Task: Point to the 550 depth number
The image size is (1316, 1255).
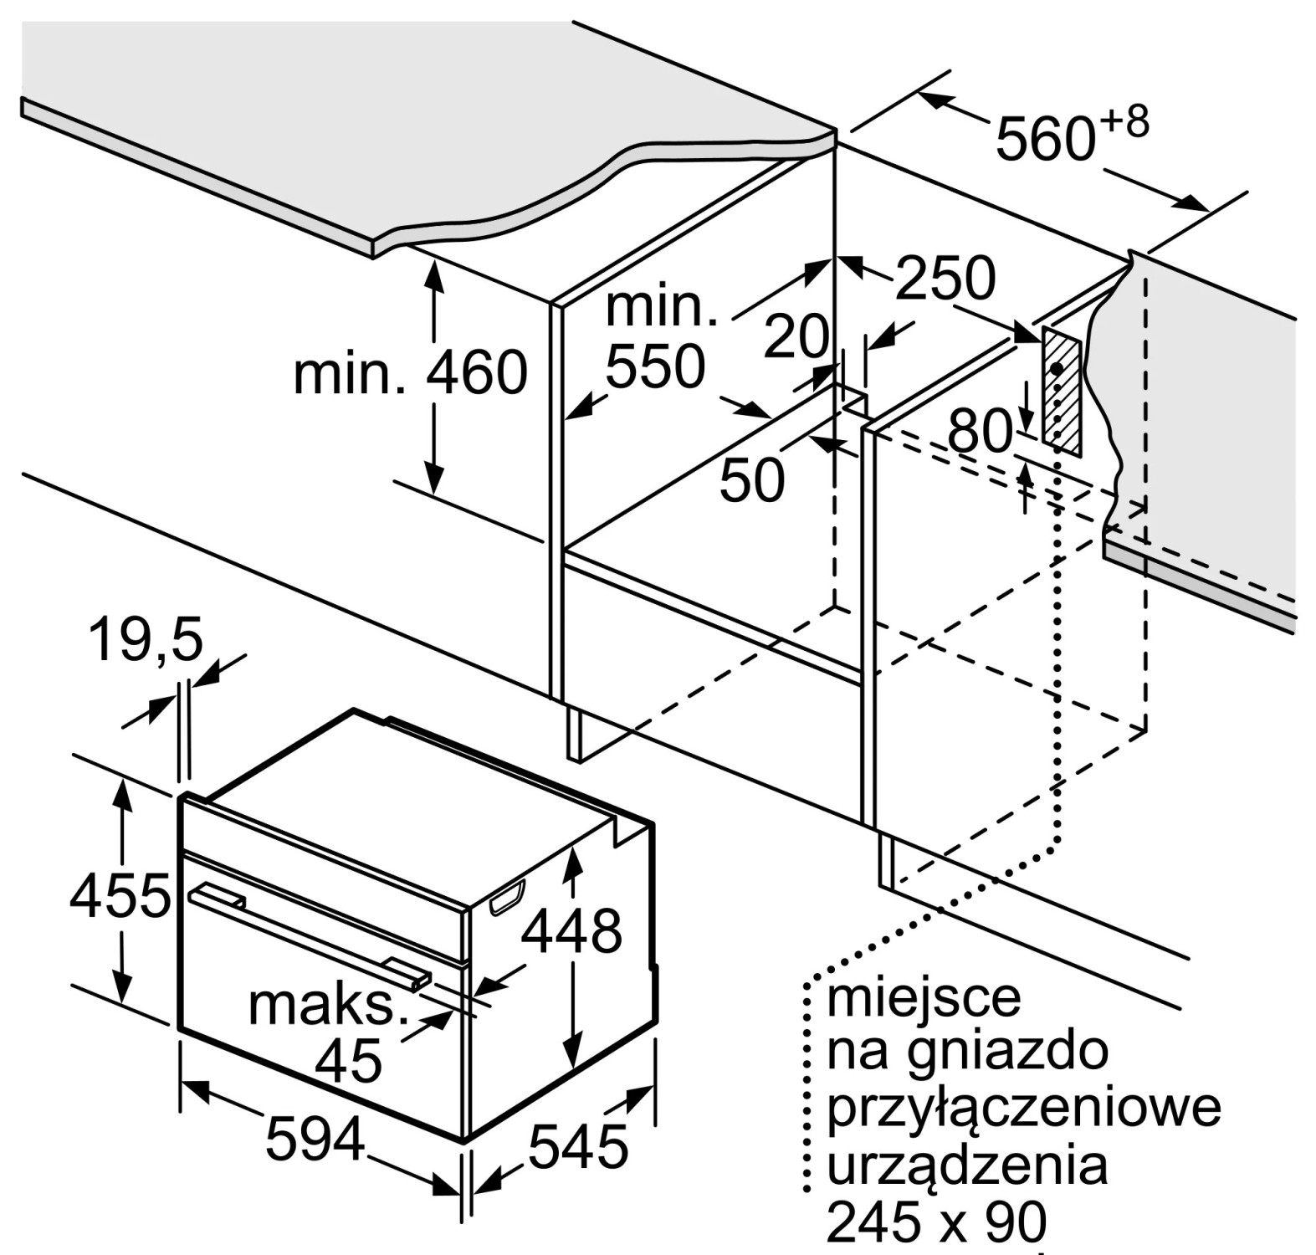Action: [655, 366]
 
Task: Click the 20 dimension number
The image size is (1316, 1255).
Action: [796, 336]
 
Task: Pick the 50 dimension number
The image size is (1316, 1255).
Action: [752, 479]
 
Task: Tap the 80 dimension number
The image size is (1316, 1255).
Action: [980, 432]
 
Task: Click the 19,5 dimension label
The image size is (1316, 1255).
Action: [146, 639]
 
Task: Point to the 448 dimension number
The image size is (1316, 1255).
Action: [572, 930]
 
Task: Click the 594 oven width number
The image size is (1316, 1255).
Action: [315, 1139]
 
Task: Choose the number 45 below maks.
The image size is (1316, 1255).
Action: [349, 1061]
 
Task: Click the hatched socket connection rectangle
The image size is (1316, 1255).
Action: [1062, 392]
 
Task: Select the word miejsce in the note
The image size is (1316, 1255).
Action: [924, 997]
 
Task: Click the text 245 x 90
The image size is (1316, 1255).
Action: [936, 1222]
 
